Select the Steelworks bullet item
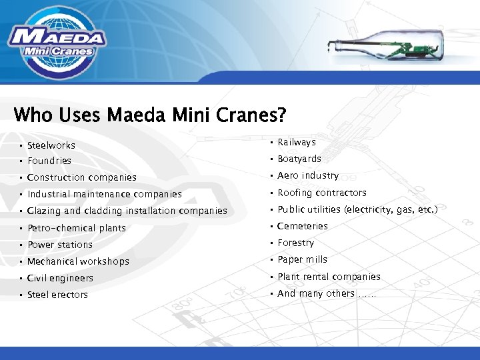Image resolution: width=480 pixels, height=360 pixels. pyautogui.click(x=51, y=145)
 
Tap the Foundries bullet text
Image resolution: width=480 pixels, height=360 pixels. pyautogui.click(x=49, y=161)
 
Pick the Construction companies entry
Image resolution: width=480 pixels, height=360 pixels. pyautogui.click(x=81, y=177)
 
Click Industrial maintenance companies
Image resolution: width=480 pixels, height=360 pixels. pyautogui.click(x=104, y=194)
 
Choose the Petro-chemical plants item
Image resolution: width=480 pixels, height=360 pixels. pyautogui.click(x=76, y=228)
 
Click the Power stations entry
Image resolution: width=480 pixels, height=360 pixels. pyautogui.click(x=59, y=245)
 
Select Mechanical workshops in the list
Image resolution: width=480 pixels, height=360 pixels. pyautogui.click(x=78, y=261)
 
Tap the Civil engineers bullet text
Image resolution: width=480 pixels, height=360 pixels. pyautogui.click(x=60, y=278)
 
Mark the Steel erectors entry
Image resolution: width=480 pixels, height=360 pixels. pyautogui.click(x=57, y=295)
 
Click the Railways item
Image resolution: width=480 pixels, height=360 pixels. pyautogui.click(x=297, y=142)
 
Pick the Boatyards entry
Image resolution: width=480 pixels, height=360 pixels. pyautogui.click(x=299, y=159)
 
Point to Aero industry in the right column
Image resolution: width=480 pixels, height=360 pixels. pyautogui.click(x=308, y=175)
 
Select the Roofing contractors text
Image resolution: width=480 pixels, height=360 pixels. pyautogui.click(x=322, y=193)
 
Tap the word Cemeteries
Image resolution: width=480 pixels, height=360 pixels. pyautogui.click(x=303, y=226)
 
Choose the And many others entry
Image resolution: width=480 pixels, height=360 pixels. pyautogui.click(x=327, y=293)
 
